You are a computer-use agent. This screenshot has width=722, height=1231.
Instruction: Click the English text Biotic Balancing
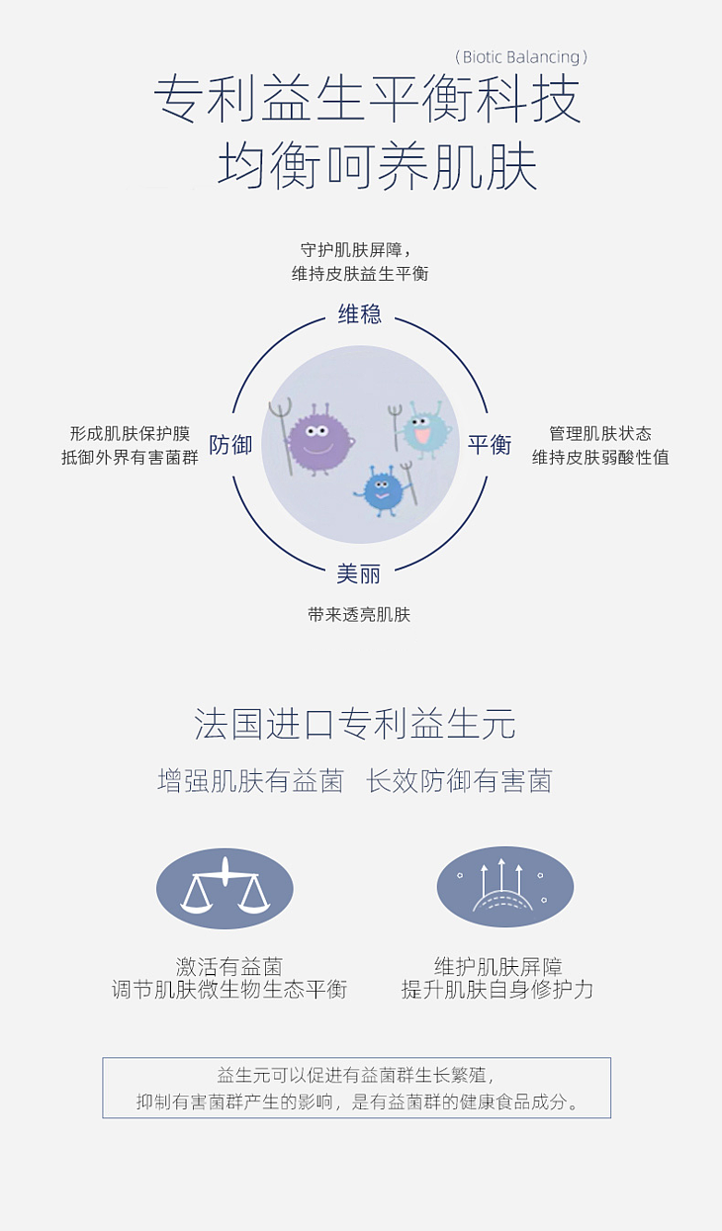tap(521, 56)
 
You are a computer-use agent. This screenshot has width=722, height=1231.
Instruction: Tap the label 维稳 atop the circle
tap(360, 313)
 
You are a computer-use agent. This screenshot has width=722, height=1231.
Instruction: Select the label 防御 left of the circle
tap(230, 444)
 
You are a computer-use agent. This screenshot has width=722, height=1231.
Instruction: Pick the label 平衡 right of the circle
tap(490, 444)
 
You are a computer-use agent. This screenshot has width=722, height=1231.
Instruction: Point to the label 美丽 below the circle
tap(358, 574)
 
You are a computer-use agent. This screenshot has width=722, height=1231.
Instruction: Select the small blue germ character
tap(381, 489)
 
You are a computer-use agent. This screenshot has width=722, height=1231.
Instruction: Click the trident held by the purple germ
tap(282, 437)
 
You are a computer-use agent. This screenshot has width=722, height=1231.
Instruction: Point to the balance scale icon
tap(225, 888)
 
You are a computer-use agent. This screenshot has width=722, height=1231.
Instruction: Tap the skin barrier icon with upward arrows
tap(504, 888)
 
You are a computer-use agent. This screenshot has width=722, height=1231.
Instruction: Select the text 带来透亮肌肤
tap(359, 614)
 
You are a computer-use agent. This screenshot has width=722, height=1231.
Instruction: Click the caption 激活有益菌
tap(229, 966)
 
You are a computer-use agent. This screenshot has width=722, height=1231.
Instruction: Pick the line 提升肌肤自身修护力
tap(497, 989)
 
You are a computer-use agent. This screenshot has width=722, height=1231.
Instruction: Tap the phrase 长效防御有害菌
tap(459, 781)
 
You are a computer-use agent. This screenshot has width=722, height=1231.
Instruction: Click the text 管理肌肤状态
tap(600, 434)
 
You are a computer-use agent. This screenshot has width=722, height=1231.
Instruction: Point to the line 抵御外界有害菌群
tap(130, 457)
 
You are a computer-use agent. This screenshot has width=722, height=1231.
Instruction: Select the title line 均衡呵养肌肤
tap(377, 164)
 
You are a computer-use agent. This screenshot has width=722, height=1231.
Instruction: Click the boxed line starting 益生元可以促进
tap(356, 1075)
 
